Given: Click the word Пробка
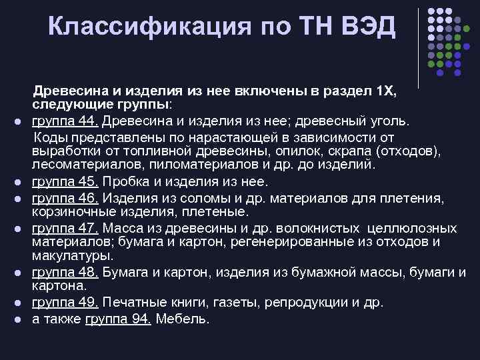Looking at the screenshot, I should pos(126,182).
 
